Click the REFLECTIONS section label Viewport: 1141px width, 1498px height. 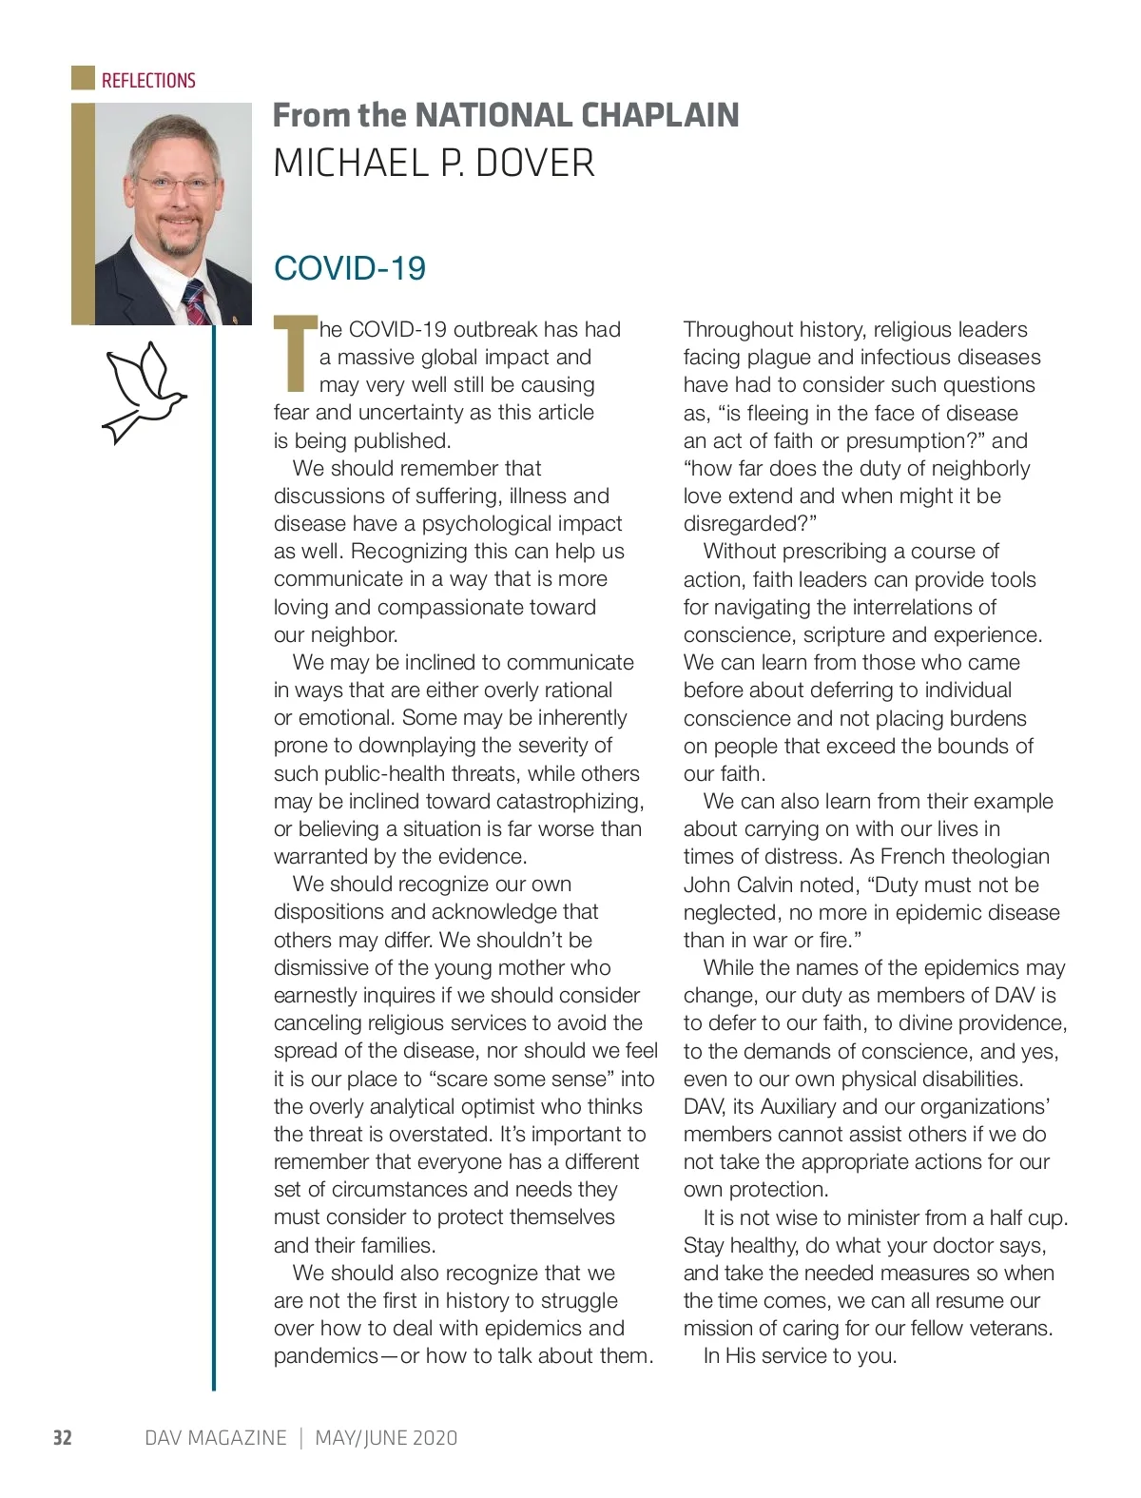(148, 81)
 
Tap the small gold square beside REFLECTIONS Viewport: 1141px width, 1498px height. (84, 78)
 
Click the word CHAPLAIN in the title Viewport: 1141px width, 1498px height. (660, 115)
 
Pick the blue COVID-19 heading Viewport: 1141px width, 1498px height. (350, 268)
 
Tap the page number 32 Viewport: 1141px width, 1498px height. (62, 1437)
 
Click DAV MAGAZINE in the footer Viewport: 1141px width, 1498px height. (215, 1437)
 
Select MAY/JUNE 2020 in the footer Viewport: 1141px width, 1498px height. (386, 1437)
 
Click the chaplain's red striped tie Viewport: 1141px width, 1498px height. (197, 303)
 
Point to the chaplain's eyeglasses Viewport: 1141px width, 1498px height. (176, 184)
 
